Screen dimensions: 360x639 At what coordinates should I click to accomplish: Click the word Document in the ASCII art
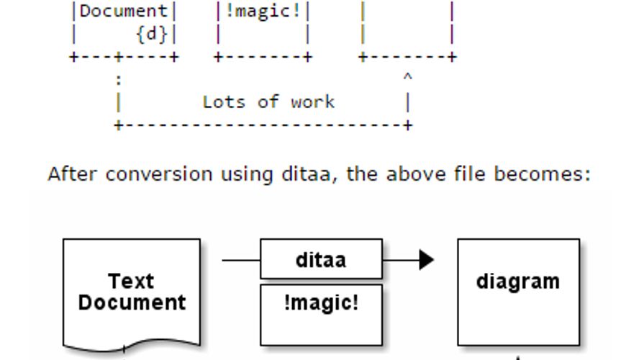pyautogui.click(x=123, y=12)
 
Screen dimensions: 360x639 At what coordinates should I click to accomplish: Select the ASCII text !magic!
pyautogui.click(x=263, y=12)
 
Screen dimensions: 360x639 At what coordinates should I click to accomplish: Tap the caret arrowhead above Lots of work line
pyautogui.click(x=407, y=76)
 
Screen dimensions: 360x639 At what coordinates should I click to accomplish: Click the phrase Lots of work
pyautogui.click(x=268, y=102)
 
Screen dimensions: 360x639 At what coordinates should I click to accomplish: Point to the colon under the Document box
pyautogui.click(x=118, y=80)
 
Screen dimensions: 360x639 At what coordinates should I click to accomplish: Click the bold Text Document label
pyautogui.click(x=132, y=292)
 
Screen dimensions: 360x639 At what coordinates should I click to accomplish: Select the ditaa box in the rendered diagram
pyautogui.click(x=321, y=259)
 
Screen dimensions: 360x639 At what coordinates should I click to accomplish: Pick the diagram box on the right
pyautogui.click(x=518, y=292)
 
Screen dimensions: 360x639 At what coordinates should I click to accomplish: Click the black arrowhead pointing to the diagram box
pyautogui.click(x=427, y=259)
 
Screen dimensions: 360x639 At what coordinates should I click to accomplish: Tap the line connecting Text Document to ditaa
pyautogui.click(x=240, y=259)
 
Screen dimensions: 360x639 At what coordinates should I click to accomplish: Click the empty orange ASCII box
pyautogui.click(x=407, y=29)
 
